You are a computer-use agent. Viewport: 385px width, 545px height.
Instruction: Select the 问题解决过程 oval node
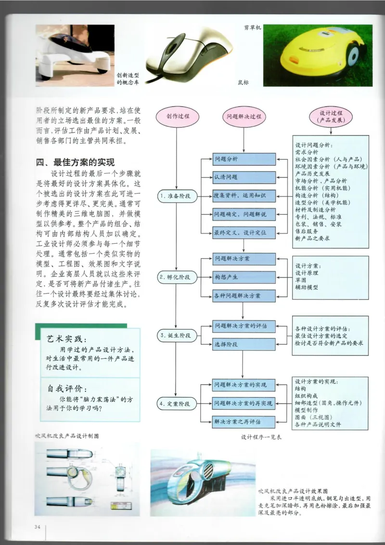244,117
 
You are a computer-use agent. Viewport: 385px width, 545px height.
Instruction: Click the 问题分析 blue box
244,159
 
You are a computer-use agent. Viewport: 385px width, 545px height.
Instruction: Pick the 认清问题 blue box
244,177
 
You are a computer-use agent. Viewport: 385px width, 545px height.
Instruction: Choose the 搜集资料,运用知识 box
244,196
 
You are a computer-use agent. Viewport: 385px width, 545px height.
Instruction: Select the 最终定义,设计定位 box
244,233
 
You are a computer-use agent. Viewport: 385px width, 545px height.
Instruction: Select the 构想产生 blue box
244,277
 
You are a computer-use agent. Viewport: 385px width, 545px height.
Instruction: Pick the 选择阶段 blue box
244,345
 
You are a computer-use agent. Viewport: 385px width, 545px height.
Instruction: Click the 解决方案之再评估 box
244,422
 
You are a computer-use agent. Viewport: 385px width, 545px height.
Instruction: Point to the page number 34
38,526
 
